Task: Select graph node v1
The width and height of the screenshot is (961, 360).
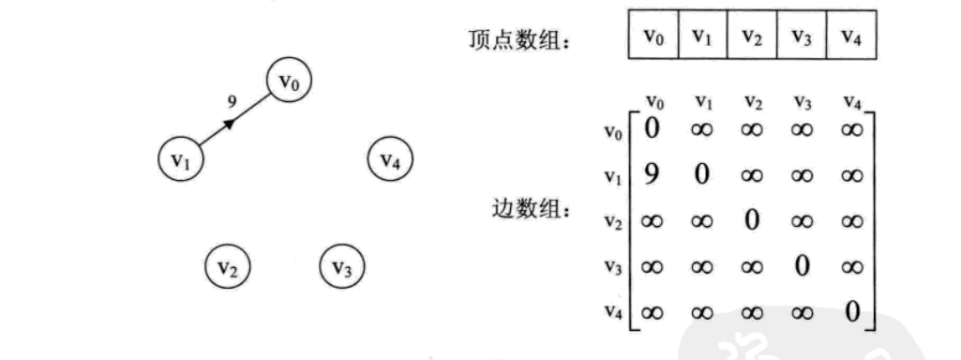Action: coord(180,159)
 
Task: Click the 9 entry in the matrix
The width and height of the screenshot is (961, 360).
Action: coord(652,173)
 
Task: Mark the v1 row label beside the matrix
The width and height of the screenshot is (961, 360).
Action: coord(614,176)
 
